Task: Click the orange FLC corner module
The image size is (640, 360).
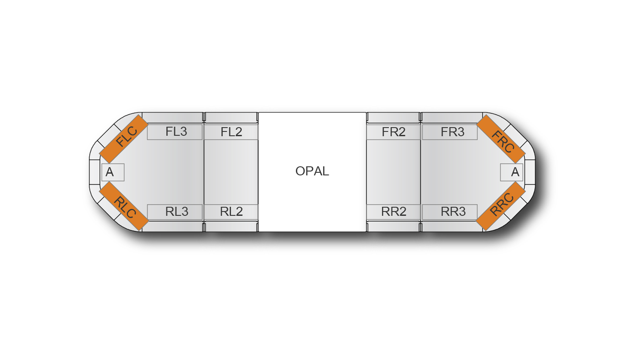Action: coord(124,139)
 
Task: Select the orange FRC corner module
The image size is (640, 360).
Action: coord(501,139)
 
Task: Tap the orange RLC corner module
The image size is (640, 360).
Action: coord(124,206)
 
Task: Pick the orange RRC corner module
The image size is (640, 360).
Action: coord(501,206)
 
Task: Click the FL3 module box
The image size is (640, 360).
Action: coord(175,132)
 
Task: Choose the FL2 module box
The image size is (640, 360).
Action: coord(231,132)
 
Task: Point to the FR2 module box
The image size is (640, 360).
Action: coord(393,132)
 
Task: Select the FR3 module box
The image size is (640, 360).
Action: coord(450,132)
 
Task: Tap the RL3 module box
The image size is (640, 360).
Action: coord(175,212)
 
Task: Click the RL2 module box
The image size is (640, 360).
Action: coord(231,212)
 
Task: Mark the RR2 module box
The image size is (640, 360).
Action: coord(393,212)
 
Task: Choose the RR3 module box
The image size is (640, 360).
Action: coord(450,212)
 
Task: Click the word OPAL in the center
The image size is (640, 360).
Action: coord(312,171)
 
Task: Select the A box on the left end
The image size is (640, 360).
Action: coord(113,172)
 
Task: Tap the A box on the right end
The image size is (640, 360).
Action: coord(512,172)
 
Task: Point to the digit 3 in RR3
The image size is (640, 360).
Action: coord(461,212)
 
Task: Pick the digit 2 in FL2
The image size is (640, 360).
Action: coord(238,132)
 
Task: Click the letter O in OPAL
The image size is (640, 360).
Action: coord(300,171)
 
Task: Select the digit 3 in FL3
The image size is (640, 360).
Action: coord(183,132)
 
